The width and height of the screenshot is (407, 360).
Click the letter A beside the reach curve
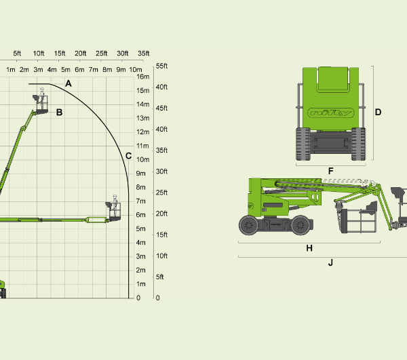[69, 83]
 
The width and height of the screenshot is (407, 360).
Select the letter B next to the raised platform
[59, 113]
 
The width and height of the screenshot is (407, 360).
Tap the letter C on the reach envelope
[128, 156]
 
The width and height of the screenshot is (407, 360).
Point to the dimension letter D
[378, 112]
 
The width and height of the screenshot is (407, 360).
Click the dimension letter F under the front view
[330, 171]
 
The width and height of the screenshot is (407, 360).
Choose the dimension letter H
[309, 248]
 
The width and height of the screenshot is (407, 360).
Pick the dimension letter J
[330, 263]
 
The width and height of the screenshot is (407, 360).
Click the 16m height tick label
[143, 77]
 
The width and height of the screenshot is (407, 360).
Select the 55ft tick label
[161, 66]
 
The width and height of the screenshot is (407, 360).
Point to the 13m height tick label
[143, 118]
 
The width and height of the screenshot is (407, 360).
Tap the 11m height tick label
[142, 146]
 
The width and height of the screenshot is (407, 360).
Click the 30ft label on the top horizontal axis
[123, 54]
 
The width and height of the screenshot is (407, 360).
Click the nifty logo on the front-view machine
[331, 113]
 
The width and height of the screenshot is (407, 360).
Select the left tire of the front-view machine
[303, 144]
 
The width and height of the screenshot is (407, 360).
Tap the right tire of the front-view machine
[358, 144]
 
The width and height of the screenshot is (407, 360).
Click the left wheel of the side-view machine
[249, 225]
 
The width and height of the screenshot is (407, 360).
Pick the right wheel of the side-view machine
[301, 225]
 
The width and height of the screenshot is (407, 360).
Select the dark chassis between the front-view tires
[330, 142]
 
